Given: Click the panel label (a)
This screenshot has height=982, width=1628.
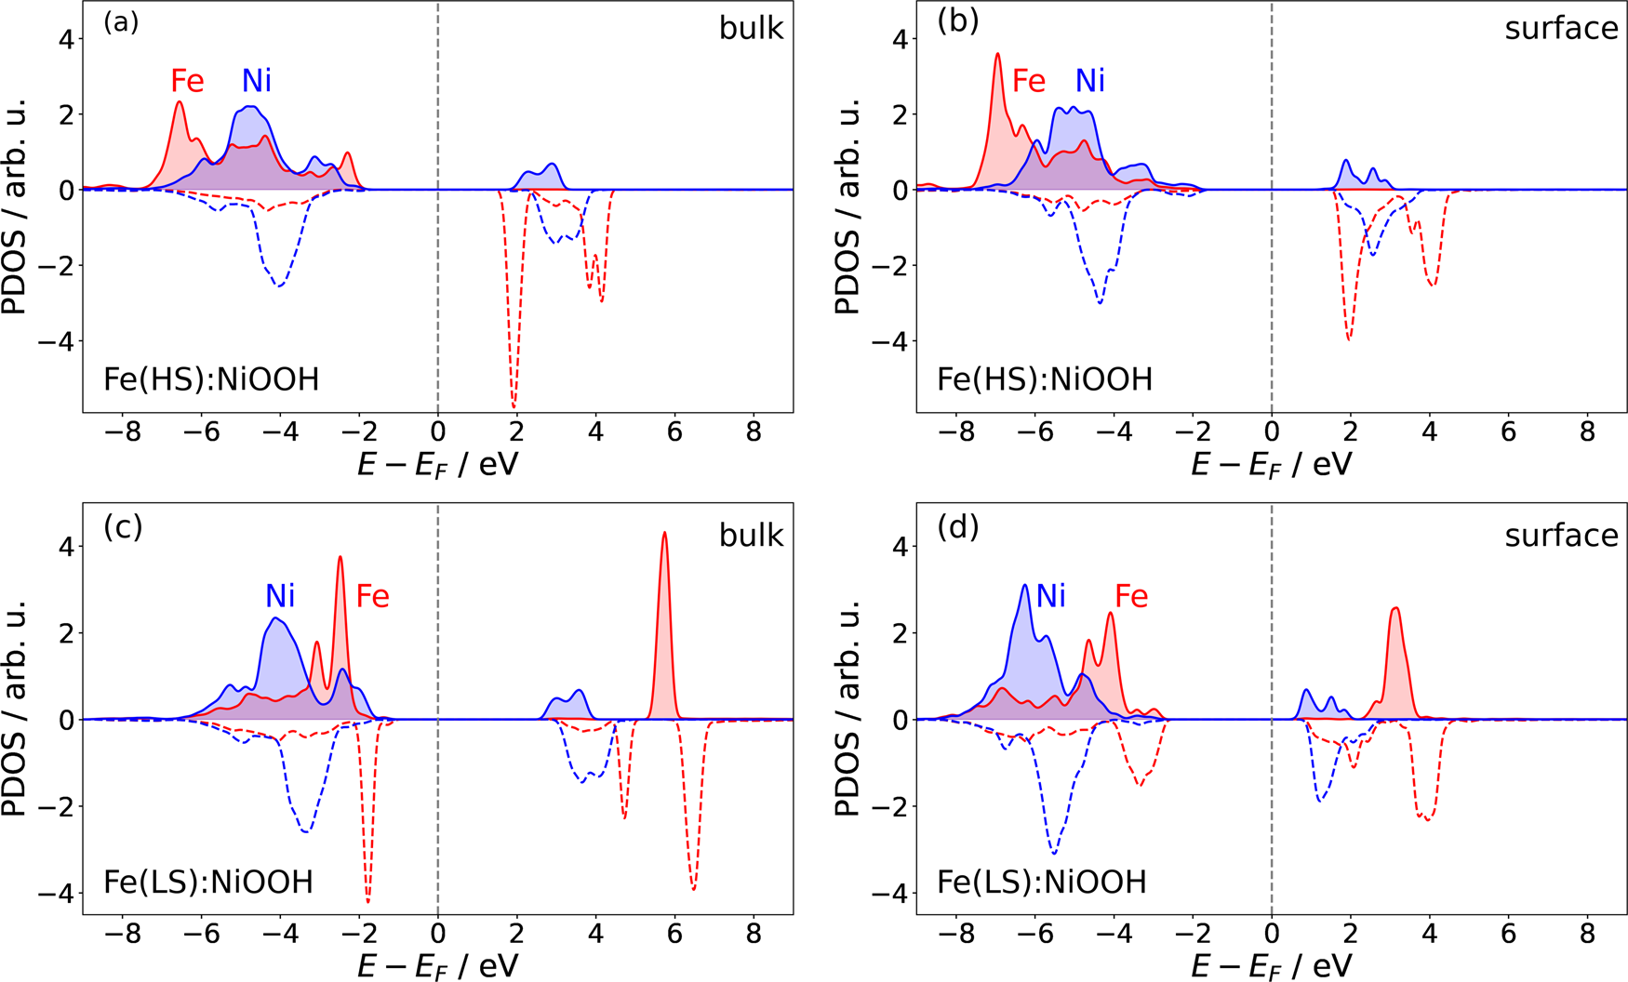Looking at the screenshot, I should (121, 21).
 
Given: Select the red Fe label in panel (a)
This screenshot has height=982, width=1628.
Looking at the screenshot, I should (187, 82).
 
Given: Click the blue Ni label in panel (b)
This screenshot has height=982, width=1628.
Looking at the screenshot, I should (1089, 82).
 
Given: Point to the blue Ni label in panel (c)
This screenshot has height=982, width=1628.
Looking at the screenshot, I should (280, 596).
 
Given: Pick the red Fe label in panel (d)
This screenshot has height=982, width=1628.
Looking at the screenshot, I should (1131, 596).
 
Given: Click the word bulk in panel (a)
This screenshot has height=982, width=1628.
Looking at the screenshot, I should (751, 29).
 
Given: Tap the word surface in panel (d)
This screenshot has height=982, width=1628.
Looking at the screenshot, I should (1561, 536).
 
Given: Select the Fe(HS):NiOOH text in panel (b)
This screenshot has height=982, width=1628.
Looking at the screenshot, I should (1044, 379).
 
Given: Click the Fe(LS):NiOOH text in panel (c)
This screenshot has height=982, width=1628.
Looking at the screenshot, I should (208, 882).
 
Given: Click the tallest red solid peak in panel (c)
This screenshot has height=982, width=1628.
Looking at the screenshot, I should (664, 534).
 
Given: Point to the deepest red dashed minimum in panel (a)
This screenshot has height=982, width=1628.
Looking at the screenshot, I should (514, 406).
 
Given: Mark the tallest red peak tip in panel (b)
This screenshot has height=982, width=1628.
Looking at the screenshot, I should (997, 54).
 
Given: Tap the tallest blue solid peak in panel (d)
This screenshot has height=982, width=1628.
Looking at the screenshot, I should (1025, 586).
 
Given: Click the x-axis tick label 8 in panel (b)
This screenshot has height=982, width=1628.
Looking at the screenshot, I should (1588, 432).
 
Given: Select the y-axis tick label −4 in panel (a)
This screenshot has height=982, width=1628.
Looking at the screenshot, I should (54, 342).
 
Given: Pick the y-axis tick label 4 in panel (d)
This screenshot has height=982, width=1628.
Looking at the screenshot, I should (900, 547).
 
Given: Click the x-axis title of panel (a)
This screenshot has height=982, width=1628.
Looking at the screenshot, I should (437, 463).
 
